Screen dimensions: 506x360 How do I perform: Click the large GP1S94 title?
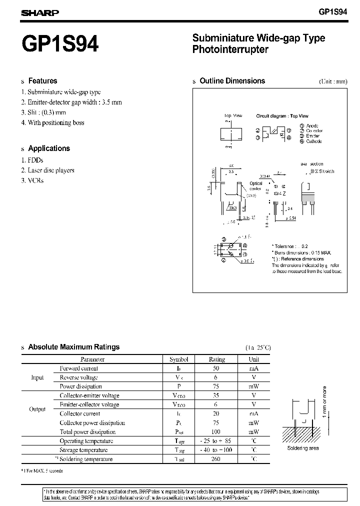(60, 44)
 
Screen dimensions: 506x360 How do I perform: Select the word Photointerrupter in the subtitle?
(230, 49)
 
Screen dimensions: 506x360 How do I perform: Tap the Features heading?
(42, 81)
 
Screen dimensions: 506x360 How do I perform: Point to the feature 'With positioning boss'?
(56, 122)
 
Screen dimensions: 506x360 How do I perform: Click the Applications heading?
(49, 148)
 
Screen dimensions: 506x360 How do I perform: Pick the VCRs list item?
(35, 180)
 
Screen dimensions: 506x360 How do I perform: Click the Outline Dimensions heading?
(232, 81)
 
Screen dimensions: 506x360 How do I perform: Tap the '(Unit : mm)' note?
(332, 81)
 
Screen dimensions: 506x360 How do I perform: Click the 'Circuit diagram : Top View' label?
(282, 116)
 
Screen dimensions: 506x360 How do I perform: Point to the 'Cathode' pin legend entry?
(314, 141)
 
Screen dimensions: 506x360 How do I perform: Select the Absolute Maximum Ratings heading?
(74, 347)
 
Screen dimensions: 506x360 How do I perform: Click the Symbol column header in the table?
(178, 359)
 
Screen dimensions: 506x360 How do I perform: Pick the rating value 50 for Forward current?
(216, 368)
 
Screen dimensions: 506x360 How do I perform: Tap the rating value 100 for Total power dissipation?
(216, 432)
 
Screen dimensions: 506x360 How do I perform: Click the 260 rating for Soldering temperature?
(216, 459)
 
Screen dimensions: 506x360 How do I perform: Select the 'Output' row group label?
(37, 409)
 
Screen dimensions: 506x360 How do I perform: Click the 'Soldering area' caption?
(303, 448)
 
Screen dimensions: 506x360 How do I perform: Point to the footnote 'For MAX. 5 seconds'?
(44, 471)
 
